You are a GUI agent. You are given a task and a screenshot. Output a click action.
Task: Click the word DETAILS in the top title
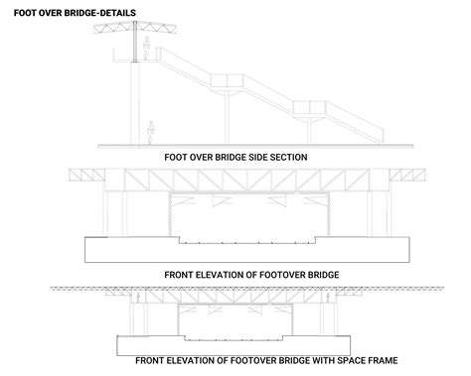pyautogui.click(x=113, y=14)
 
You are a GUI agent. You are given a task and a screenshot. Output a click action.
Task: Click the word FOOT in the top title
pyautogui.click(x=16, y=14)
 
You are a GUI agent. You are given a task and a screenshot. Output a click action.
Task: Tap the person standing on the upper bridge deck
pyautogui.click(x=146, y=53)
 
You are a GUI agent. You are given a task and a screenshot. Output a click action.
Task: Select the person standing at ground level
pyautogui.click(x=150, y=131)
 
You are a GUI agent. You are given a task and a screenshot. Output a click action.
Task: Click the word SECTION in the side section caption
pyautogui.click(x=284, y=157)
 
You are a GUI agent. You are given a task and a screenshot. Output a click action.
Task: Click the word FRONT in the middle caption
pyautogui.click(x=179, y=272)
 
